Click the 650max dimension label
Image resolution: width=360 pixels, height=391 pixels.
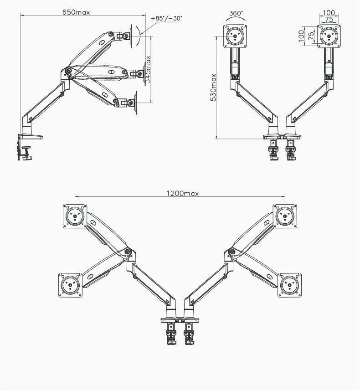point(76,12)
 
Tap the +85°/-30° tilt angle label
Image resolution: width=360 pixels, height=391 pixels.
point(166,18)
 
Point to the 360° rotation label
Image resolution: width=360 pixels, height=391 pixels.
point(236,14)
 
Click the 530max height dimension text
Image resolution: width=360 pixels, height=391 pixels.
point(214,87)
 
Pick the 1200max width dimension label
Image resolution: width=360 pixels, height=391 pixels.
point(182,193)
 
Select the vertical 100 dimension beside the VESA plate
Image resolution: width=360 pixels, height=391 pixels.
point(301,36)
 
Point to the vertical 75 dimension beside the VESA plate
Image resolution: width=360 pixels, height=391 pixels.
point(311,36)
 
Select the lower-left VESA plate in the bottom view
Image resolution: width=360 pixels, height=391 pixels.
point(71,285)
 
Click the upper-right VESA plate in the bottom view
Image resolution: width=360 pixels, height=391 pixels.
point(286,215)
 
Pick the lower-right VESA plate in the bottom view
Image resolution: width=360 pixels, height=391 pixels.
point(289,285)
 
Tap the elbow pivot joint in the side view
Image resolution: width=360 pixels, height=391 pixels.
point(68,71)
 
